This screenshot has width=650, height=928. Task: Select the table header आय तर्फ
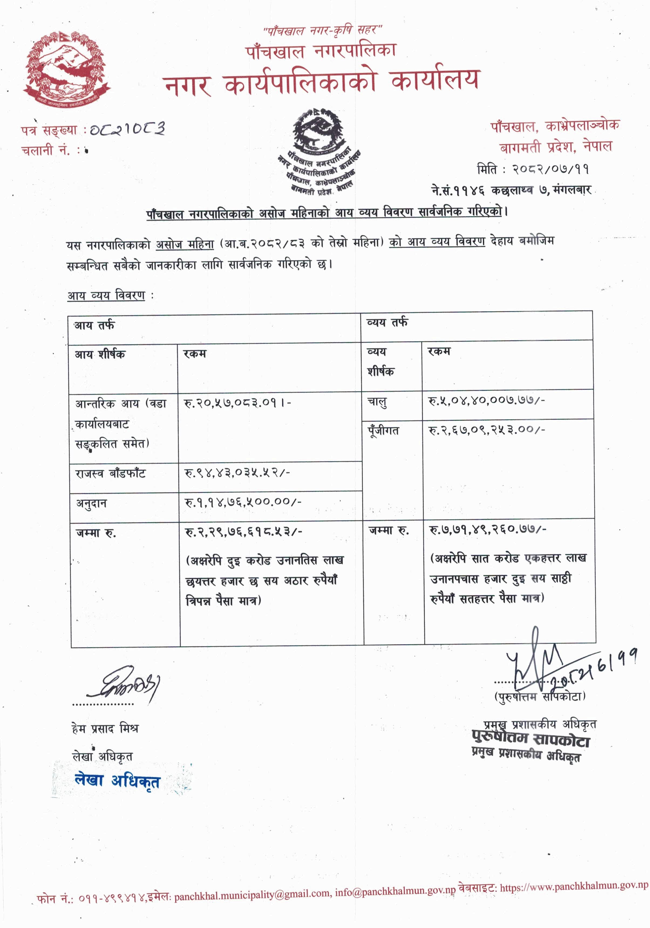pyautogui.click(x=94, y=325)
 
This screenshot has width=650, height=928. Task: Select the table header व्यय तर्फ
pyautogui.click(x=387, y=323)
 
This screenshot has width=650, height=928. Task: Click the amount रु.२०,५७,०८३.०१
pyautogui.click(x=237, y=403)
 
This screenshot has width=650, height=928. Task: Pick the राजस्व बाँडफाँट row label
pyautogui.click(x=110, y=473)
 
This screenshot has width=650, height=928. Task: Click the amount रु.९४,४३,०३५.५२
pyautogui.click(x=237, y=472)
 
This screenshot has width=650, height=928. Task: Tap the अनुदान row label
pyautogui.click(x=92, y=503)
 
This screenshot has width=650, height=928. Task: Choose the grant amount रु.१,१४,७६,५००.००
pyautogui.click(x=243, y=502)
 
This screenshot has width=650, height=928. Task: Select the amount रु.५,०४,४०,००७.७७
pyautogui.click(x=486, y=400)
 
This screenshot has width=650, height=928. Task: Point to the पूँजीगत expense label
pyautogui.click(x=383, y=431)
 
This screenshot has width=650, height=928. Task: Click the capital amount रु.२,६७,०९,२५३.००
pyautogui.click(x=486, y=430)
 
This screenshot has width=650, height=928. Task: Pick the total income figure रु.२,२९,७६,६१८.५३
pyautogui.click(x=243, y=532)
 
